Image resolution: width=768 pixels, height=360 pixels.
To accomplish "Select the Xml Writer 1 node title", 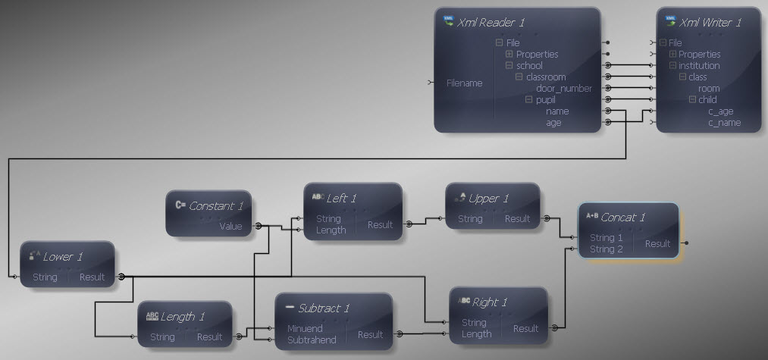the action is [710, 23].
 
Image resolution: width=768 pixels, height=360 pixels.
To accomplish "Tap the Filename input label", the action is [464, 83].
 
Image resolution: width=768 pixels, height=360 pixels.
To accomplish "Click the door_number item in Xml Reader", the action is [564, 89].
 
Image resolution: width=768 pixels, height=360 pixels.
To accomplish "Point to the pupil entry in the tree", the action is [546, 100].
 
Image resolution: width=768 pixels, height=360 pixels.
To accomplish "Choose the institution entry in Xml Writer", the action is [699, 66].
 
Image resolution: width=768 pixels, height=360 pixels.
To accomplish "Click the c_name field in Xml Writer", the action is [725, 123].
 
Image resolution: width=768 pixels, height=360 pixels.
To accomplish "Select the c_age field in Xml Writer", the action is [720, 111].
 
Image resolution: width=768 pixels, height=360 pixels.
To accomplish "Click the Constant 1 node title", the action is [216, 206].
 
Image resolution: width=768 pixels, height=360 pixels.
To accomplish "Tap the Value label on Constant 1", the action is [230, 227].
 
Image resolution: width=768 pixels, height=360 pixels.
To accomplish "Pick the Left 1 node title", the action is [341, 199].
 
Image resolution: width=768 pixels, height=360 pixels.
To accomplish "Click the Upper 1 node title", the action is [488, 199].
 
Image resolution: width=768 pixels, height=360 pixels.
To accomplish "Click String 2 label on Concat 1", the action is [607, 249].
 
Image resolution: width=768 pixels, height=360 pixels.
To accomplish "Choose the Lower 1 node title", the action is [63, 257].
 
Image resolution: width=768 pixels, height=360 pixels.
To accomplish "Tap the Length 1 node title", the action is [183, 317].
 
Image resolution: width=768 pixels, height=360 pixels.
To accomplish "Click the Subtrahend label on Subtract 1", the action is [312, 340].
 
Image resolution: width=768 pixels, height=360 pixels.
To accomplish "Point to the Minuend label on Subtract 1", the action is [305, 329].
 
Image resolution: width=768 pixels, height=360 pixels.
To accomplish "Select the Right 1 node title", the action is [489, 302].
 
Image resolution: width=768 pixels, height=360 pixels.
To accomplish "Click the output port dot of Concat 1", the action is [686, 243].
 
